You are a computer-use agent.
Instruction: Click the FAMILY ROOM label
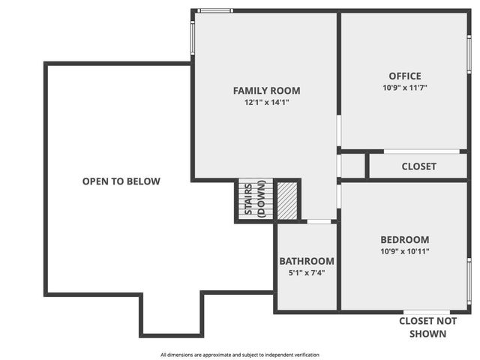coord(266,91)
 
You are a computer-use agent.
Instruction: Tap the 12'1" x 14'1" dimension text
coord(266,102)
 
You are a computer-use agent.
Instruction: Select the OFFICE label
coord(404,76)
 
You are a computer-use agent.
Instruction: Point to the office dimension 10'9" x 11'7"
coord(404,87)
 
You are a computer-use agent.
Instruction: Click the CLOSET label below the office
coord(418,166)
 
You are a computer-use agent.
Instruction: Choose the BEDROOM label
coord(405,240)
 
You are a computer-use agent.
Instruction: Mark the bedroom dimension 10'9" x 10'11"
coord(405,251)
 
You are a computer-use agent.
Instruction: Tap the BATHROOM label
coord(307,261)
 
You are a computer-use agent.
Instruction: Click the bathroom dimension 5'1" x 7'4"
coord(307,272)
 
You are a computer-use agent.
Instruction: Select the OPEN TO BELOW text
coord(121,181)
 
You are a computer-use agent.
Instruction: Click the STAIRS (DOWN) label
coord(256,199)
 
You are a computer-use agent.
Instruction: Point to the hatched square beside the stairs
coord(288,200)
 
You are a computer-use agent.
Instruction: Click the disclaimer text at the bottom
coord(239,355)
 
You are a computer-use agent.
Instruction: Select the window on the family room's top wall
coord(215,10)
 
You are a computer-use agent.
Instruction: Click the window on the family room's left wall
coord(193,35)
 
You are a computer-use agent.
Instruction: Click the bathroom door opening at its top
coord(319,222)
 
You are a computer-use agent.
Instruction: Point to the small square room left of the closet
coord(352,166)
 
